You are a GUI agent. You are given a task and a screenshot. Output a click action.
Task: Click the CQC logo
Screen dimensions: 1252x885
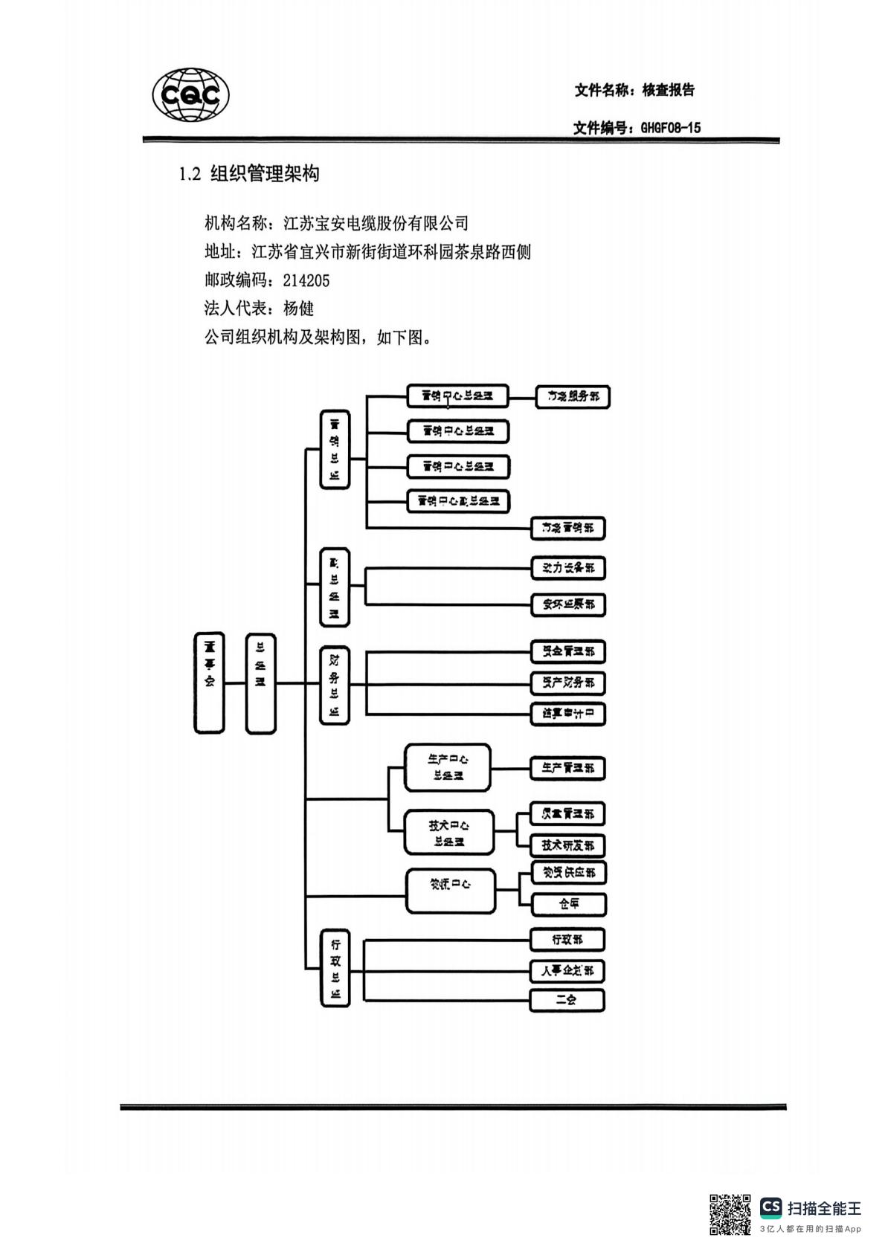[x=190, y=95]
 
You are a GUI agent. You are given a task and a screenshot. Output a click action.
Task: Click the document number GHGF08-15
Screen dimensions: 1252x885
[x=670, y=128]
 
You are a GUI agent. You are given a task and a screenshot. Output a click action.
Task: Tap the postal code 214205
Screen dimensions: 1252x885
[x=306, y=280]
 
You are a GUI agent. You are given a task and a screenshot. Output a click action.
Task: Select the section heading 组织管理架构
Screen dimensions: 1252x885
[x=265, y=175]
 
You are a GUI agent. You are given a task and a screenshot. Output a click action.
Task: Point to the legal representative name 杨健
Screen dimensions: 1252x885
[x=299, y=309]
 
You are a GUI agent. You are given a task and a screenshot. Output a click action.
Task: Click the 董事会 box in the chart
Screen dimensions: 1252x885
[x=209, y=683]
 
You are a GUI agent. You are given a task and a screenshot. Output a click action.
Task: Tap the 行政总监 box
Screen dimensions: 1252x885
[x=335, y=969]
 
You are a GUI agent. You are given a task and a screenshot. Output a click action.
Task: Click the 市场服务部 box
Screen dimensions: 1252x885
[x=573, y=396]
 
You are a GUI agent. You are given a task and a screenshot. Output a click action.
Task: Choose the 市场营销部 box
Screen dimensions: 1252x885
[x=568, y=529]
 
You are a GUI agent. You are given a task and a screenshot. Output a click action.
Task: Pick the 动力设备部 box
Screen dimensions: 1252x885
[x=568, y=568]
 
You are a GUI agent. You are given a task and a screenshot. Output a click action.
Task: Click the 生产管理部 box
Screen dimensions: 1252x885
[x=568, y=768]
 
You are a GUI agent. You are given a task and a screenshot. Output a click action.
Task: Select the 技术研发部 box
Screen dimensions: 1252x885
[x=568, y=845]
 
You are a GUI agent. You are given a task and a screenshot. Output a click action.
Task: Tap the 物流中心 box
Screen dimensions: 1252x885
[x=451, y=891]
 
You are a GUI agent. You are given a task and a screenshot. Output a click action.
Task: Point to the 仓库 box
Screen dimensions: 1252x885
[x=569, y=904]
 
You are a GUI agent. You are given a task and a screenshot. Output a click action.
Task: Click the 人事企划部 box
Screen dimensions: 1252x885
[x=567, y=971]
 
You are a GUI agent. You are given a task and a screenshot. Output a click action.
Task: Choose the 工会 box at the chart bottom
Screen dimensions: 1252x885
[x=567, y=1000]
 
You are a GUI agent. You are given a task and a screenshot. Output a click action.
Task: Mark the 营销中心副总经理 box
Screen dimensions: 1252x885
[x=458, y=502]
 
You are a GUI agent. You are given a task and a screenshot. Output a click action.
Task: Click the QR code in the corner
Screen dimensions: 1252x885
[x=730, y=1214]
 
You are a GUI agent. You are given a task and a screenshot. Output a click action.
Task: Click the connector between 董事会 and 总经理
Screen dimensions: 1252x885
[x=235, y=683]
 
